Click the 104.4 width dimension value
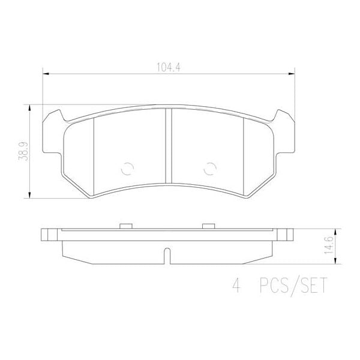(x=168, y=67)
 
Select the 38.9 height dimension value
(x=22, y=150)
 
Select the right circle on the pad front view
(x=209, y=169)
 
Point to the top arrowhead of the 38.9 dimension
(x=30, y=107)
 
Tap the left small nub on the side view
(x=125, y=226)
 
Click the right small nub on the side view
(x=209, y=226)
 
